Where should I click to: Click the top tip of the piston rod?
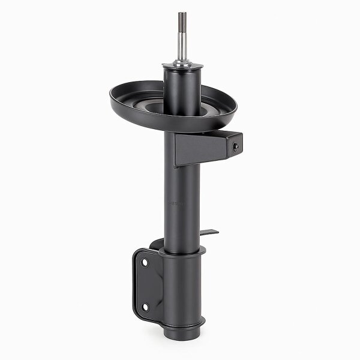[181, 14]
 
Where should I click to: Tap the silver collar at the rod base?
[181, 63]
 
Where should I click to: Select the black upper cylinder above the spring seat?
[181, 90]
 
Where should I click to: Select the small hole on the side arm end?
[236, 146]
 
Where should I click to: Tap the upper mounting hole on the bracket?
[145, 262]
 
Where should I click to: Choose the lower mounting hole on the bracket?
[145, 307]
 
